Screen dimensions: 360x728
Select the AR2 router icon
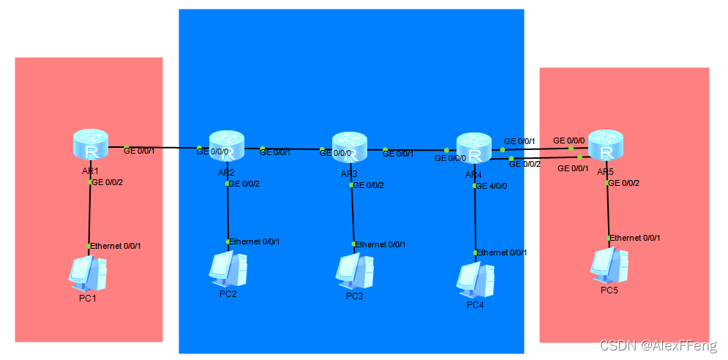[227, 146]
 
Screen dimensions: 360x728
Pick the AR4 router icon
[474, 149]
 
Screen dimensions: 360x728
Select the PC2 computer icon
[228, 269]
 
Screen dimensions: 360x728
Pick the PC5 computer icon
[610, 265]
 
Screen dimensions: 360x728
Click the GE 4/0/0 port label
[492, 186]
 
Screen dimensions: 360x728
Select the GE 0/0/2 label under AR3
[369, 185]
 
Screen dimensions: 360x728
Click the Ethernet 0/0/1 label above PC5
[636, 238]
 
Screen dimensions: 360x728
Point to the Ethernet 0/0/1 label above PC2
[255, 241]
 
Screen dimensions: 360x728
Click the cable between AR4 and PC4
[476, 220]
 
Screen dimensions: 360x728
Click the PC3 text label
[354, 296]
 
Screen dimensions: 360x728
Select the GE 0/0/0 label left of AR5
[568, 140]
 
